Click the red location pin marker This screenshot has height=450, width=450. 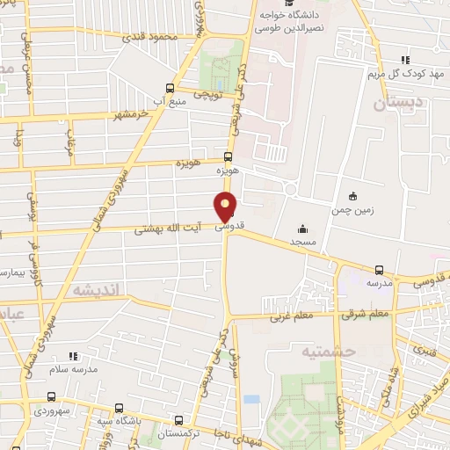226,206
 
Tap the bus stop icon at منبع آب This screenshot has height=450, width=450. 170,88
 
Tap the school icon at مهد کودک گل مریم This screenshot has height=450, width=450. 403,59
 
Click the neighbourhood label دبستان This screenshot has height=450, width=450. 396,103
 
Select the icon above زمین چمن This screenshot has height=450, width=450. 353,195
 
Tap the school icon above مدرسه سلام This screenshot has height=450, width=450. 73,356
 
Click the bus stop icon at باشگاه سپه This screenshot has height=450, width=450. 118,409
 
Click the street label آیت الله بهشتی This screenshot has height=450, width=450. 169,228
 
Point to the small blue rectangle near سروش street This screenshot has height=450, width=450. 252,399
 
